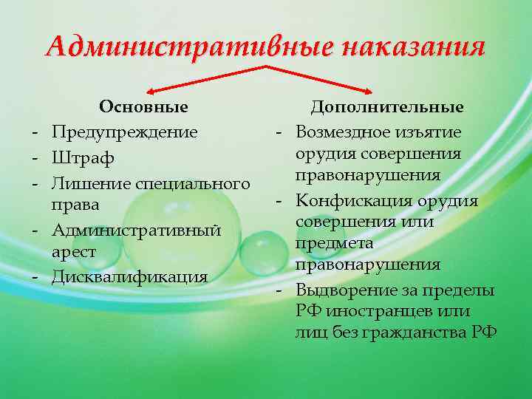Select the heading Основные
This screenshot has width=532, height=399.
pyautogui.click(x=143, y=107)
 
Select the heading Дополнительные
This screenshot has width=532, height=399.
pyautogui.click(x=387, y=107)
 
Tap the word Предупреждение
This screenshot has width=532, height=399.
pyautogui.click(x=125, y=133)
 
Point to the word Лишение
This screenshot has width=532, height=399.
pyautogui.click(x=83, y=182)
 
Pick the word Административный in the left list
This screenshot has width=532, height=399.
pyautogui.click(x=137, y=230)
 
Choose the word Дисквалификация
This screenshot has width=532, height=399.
pyautogui.click(x=130, y=278)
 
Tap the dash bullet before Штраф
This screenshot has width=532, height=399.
pyautogui.click(x=35, y=157)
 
